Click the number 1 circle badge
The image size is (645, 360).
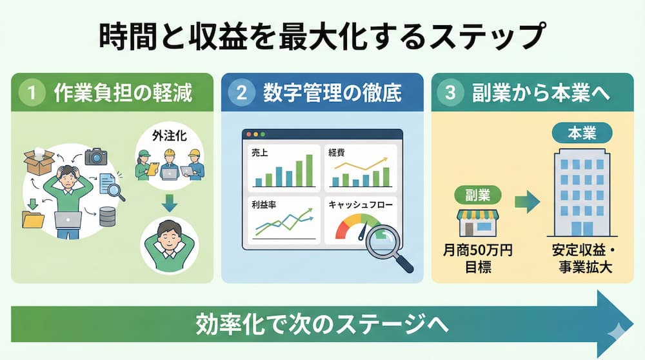(32, 92)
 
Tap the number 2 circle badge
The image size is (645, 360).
(241, 92)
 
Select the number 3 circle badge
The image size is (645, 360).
(450, 92)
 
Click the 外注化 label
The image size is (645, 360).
(170, 135)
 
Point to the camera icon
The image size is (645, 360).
(96, 157)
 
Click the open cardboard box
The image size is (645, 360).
(39, 161)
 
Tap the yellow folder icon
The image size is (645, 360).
(34, 219)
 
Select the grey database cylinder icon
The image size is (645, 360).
(107, 217)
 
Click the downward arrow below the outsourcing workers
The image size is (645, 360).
(169, 203)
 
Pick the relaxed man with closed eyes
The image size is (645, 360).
(169, 245)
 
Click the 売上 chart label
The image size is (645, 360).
(259, 153)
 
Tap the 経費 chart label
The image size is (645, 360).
(337, 153)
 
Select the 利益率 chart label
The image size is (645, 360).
(264, 205)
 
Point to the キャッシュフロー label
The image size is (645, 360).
(361, 205)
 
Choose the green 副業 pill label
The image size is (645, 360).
(477, 195)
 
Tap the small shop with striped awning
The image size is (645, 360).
(478, 223)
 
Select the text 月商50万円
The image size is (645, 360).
(478, 250)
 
